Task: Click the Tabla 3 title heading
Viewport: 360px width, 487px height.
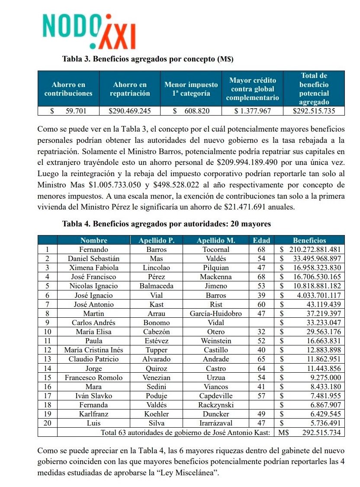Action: tap(151, 58)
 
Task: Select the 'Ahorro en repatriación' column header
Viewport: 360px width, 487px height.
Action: tap(130, 89)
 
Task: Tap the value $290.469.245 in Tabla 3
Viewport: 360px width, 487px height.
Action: tap(130, 111)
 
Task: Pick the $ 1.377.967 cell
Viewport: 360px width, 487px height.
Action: tap(252, 111)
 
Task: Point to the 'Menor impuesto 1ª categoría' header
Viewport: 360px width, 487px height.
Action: tap(190, 89)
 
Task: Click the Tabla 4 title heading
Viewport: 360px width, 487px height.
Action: tap(167, 224)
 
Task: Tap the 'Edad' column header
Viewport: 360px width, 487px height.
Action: tap(261, 240)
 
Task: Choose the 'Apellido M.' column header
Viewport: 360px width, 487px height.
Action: tap(215, 240)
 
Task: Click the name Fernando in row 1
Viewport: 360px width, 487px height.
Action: tap(93, 249)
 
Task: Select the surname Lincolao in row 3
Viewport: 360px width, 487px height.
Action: tap(156, 268)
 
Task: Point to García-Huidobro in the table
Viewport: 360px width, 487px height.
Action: tap(215, 313)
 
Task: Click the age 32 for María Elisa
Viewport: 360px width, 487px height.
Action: tap(261, 332)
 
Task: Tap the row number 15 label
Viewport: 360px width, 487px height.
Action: tap(48, 377)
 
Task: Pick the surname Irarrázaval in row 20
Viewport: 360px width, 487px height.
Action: tap(215, 423)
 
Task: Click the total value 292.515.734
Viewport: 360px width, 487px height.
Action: tap(318, 432)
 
